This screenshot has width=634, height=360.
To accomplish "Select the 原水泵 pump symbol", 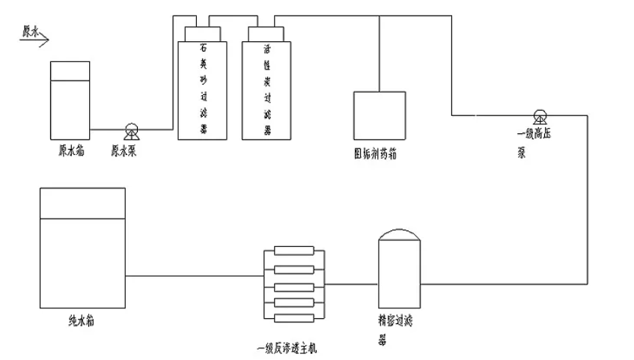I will tap(132, 132).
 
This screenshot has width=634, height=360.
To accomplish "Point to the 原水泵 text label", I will tap(124, 150).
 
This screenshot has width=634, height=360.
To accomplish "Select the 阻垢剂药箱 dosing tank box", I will tap(380, 115).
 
